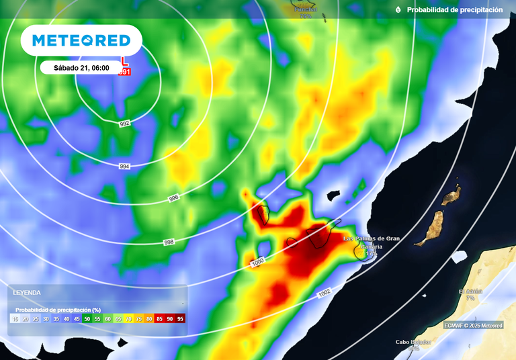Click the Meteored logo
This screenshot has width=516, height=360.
pyautogui.click(x=81, y=40)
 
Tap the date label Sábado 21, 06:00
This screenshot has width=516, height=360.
pyautogui.click(x=81, y=68)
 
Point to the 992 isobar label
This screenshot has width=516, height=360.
pyautogui.click(x=124, y=124)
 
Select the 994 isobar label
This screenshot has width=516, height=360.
pyautogui.click(x=124, y=166)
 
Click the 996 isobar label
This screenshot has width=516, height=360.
pyautogui.click(x=174, y=199)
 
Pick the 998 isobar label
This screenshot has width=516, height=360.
pyautogui.click(x=169, y=242)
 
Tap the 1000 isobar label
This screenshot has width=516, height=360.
pyautogui.click(x=258, y=261)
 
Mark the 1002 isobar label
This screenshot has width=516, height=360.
pyautogui.click(x=324, y=293)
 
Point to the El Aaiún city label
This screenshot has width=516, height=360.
pyautogui.click(x=470, y=291)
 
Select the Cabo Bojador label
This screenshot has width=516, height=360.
pyautogui.click(x=413, y=342)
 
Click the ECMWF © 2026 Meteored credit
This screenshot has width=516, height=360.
pyautogui.click(x=473, y=325)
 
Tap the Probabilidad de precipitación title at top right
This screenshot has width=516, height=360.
pyautogui.click(x=454, y=10)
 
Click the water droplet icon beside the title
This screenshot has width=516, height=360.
pyautogui.click(x=398, y=10)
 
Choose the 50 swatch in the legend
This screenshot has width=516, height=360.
pyautogui.click(x=87, y=319)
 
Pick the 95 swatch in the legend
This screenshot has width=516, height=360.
pyautogui.click(x=180, y=319)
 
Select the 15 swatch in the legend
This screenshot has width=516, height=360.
pyautogui.click(x=15, y=319)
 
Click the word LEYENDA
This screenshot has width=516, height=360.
pyautogui.click(x=27, y=293)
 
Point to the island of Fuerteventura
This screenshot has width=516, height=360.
pyautogui.click(x=431, y=229)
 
